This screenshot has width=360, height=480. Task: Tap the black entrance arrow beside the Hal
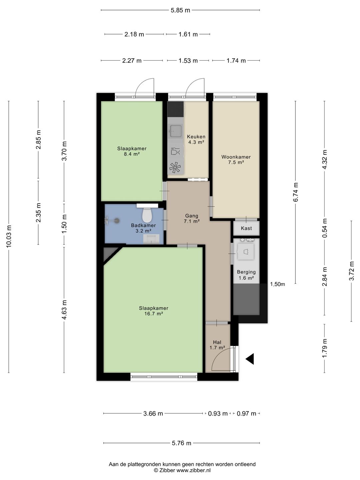[250, 359]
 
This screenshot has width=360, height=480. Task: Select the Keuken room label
[196, 137]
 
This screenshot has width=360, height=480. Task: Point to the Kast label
[246, 228]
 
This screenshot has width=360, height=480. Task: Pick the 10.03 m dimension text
[9, 236]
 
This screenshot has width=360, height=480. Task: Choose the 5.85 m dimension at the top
[180, 10]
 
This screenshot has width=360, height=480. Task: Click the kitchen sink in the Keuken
[176, 131]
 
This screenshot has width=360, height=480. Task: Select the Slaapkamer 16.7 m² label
[154, 311]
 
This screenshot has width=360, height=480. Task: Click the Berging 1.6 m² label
[246, 275]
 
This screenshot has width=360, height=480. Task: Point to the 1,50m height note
[278, 284]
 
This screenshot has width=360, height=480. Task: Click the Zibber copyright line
[182, 470]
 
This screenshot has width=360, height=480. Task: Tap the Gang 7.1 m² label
[192, 218]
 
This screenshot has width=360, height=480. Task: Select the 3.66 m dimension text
[153, 414]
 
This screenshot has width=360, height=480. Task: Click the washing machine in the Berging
[246, 251]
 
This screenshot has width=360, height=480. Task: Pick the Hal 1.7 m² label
[217, 345]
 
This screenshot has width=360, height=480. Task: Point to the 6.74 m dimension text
[296, 192]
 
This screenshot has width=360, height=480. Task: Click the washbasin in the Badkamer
[151, 239]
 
